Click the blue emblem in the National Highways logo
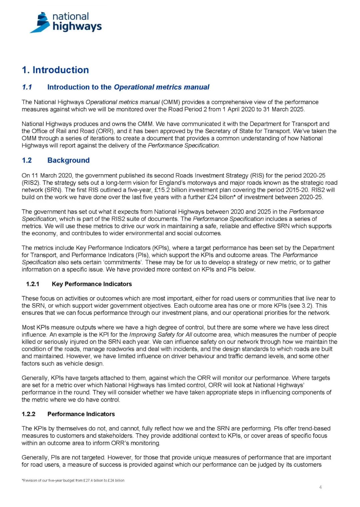tap(41, 23)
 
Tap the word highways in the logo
tap(77, 26)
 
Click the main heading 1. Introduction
tap(55, 70)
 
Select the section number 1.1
tap(27, 87)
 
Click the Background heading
tap(68, 160)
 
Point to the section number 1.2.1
tap(33, 284)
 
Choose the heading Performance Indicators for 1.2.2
tap(81, 414)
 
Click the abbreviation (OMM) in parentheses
tap(171, 102)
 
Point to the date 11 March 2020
tap(49, 175)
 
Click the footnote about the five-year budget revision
tap(73, 480)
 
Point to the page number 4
tap(320, 487)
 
